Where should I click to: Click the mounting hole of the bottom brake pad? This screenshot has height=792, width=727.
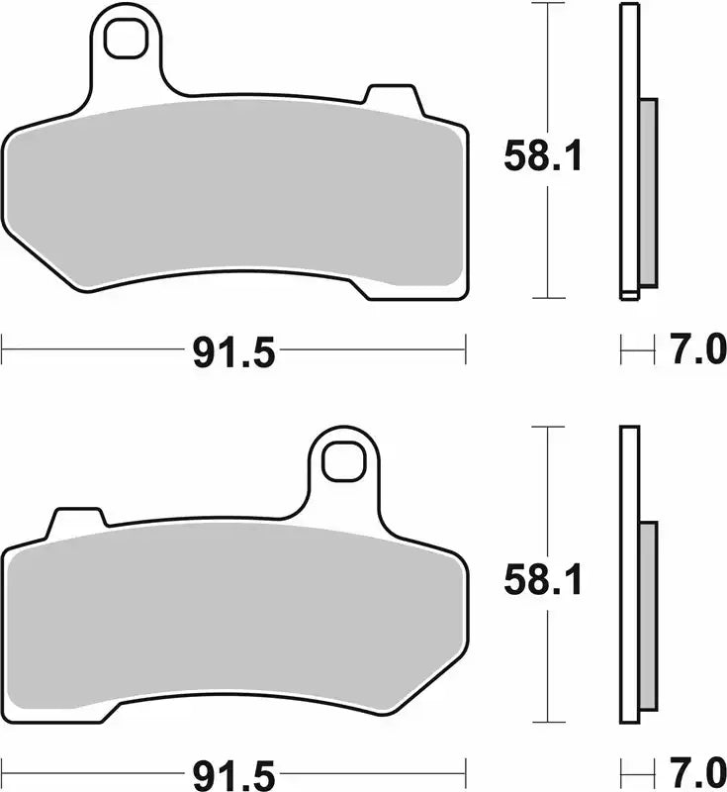tap(344, 460)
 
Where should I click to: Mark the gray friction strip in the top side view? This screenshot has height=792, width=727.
tap(648, 193)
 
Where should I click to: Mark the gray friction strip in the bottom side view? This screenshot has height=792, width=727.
tap(648, 616)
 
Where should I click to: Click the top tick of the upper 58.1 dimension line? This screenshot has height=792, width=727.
tap(548, 4)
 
